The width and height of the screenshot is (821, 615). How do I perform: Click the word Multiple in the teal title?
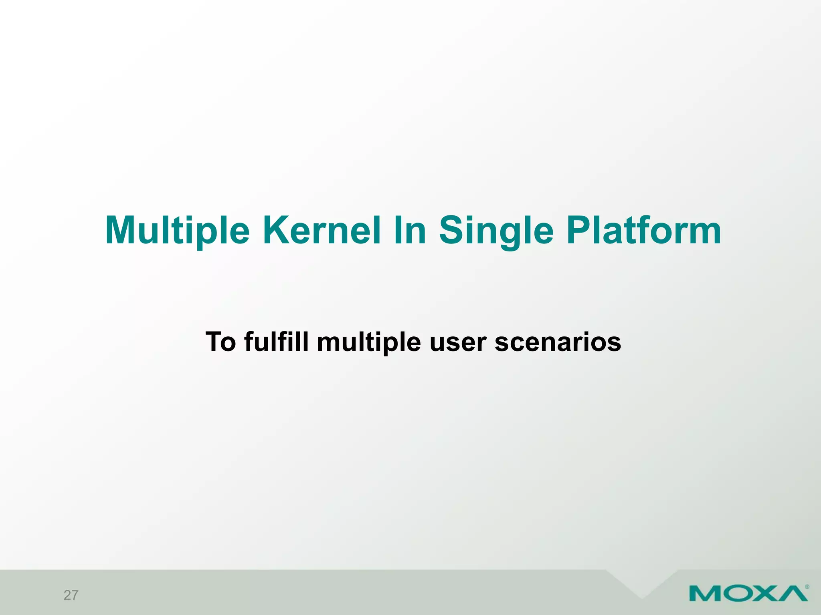177,230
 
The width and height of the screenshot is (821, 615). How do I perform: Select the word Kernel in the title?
321,230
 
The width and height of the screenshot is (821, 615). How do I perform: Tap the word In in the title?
410,230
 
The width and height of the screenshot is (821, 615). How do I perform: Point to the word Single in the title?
496,231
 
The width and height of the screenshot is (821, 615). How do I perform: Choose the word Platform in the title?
644,230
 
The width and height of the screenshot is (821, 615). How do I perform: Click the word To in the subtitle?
220,342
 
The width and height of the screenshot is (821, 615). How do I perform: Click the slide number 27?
71,595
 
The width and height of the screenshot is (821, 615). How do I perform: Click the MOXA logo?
748,594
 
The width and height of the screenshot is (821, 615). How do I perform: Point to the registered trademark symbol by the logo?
807,587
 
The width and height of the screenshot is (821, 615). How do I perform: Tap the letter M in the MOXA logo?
706,594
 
